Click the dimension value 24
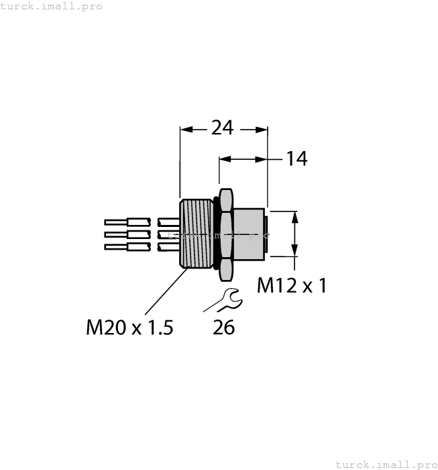222,128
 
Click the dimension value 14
296,159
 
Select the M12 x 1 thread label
292,286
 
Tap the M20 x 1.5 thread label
129,328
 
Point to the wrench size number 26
223,328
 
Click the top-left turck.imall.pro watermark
52,6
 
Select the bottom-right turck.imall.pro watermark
386,464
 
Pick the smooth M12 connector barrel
249,234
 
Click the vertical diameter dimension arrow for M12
294,234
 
